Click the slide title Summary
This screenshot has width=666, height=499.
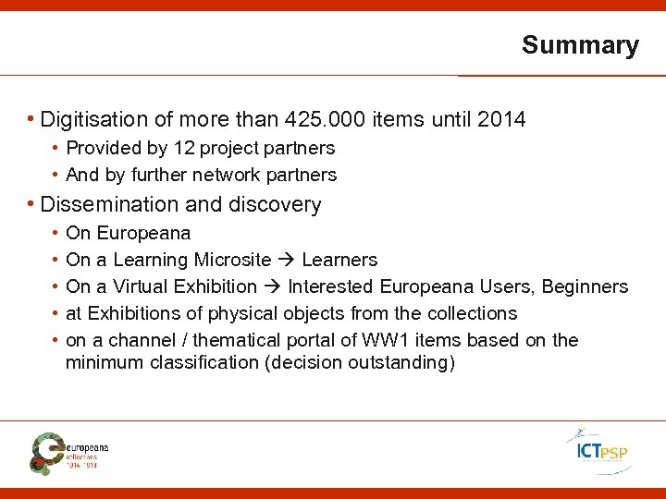coord(580,45)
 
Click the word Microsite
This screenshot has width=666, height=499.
coord(234,260)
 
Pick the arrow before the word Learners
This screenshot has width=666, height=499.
coord(288,260)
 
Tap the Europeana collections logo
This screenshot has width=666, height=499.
coord(69,451)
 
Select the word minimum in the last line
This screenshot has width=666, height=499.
coord(101,362)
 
